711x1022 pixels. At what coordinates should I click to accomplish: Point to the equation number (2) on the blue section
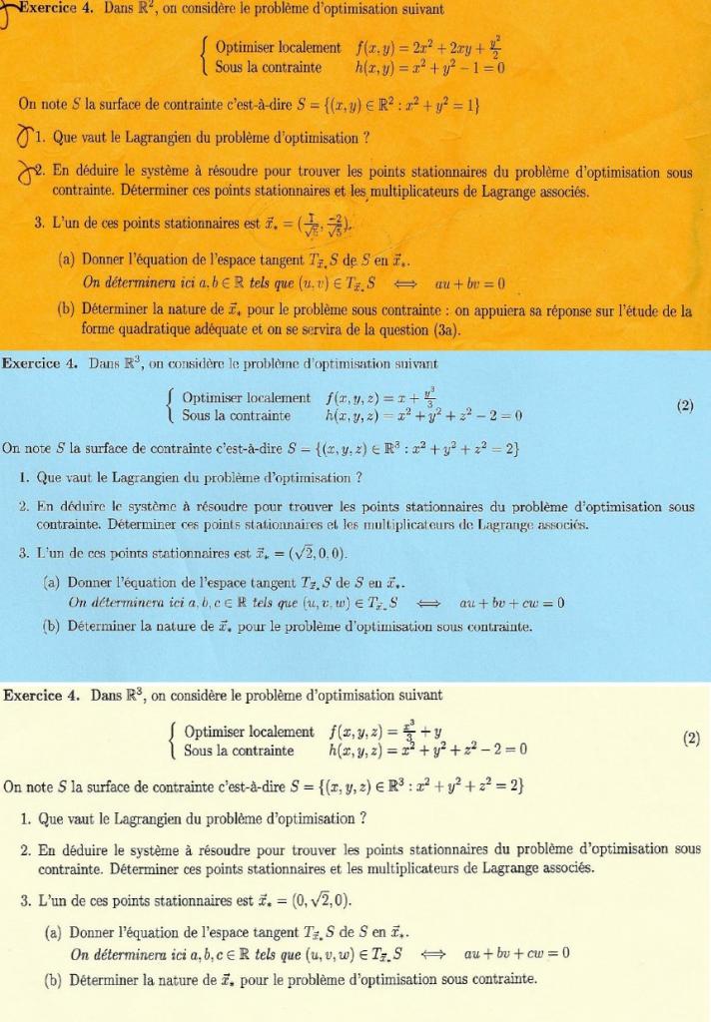click(x=684, y=406)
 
